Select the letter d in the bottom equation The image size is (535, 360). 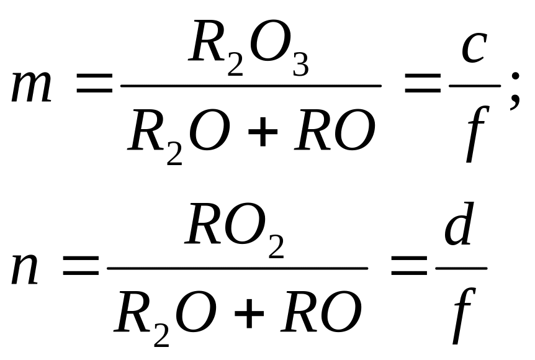coord(459,223)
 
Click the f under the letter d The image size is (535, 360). coord(464,316)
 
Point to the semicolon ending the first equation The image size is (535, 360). coord(515,91)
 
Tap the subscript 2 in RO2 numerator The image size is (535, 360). coord(276,246)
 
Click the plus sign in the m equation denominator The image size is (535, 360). coord(263,132)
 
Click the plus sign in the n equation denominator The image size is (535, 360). coord(249,313)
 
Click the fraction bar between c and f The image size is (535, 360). coord(475,86)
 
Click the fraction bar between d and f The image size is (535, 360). coord(461,268)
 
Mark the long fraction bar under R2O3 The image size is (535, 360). coord(251,86)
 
